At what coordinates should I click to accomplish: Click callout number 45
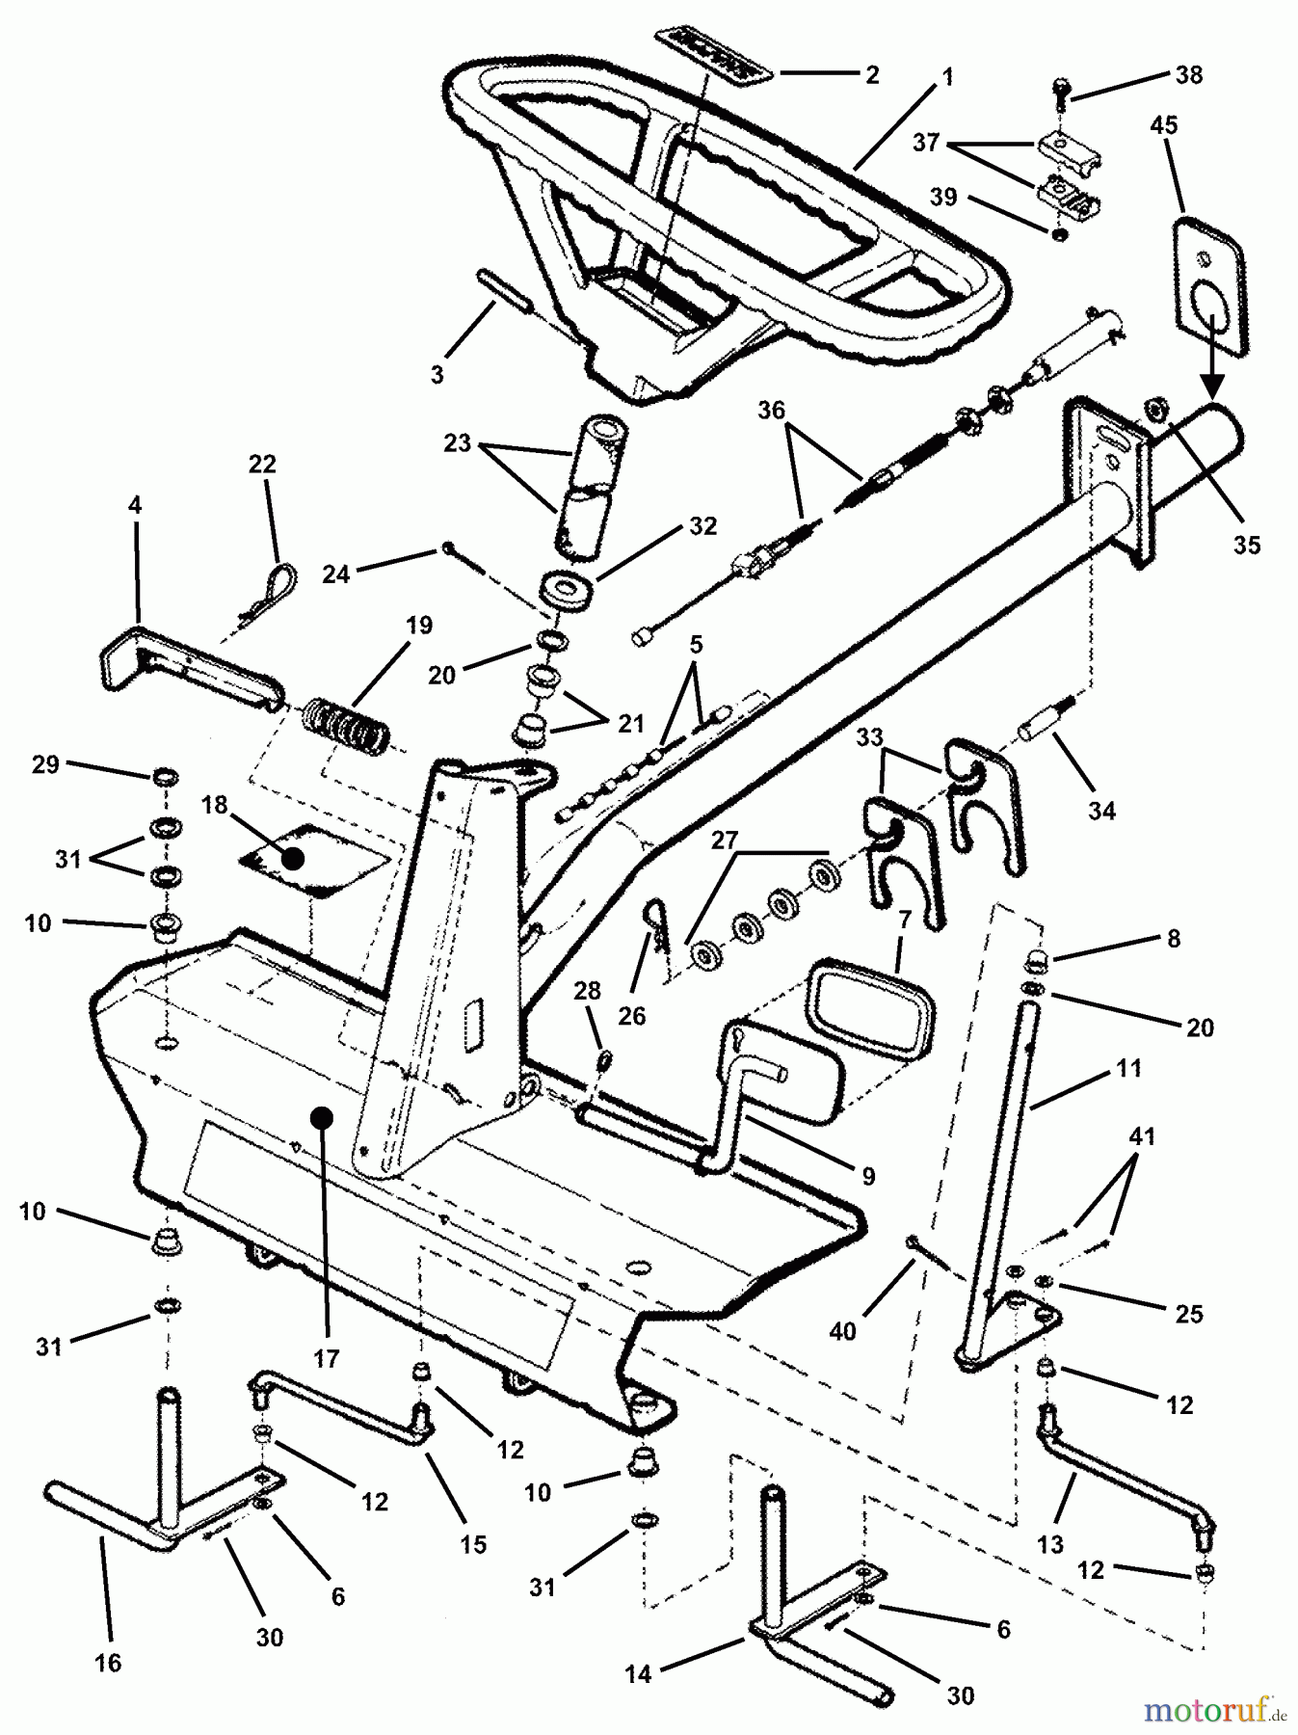coord(1163,126)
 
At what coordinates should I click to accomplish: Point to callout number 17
coord(326,1359)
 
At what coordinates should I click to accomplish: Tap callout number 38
coord(1189,75)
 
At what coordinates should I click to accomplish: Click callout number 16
coord(108,1663)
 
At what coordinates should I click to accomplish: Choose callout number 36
coord(771,411)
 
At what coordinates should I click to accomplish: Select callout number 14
coord(638,1674)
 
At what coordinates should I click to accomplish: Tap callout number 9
coord(867,1176)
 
